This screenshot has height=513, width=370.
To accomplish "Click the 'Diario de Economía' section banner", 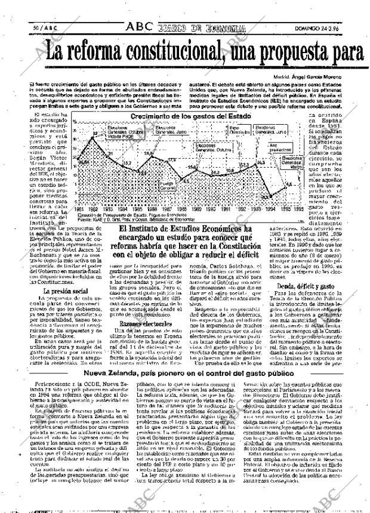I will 202,28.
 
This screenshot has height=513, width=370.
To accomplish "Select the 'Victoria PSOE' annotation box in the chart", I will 120,137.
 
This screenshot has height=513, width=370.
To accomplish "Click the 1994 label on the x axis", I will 270,209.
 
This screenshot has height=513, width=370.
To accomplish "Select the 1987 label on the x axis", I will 168,209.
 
